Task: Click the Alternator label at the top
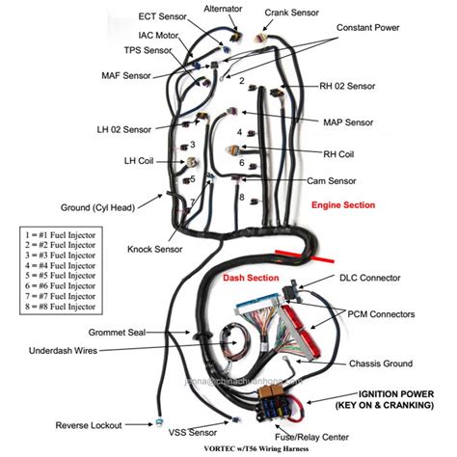click(x=223, y=9)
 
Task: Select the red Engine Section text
click(x=343, y=205)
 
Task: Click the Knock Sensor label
click(x=154, y=249)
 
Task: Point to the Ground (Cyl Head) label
click(x=99, y=205)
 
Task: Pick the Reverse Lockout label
click(x=90, y=425)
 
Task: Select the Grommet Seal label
click(x=113, y=332)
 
